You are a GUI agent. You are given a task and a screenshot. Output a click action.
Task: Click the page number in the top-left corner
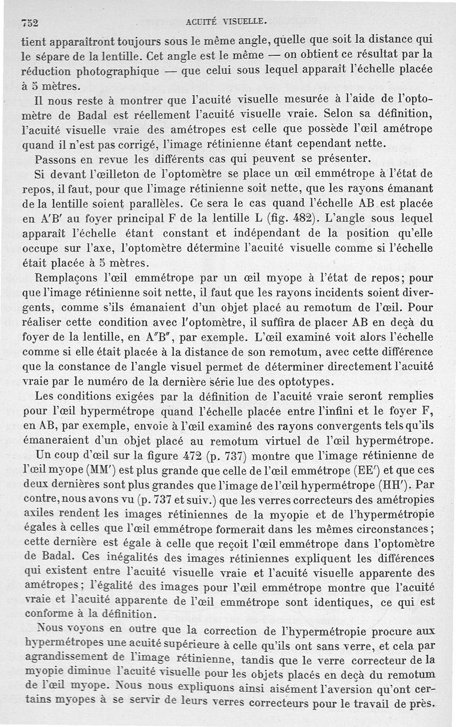tap(28, 23)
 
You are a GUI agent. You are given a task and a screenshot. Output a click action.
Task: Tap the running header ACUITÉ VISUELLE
tap(227, 22)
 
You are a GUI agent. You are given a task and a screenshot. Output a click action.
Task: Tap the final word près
tap(421, 704)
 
